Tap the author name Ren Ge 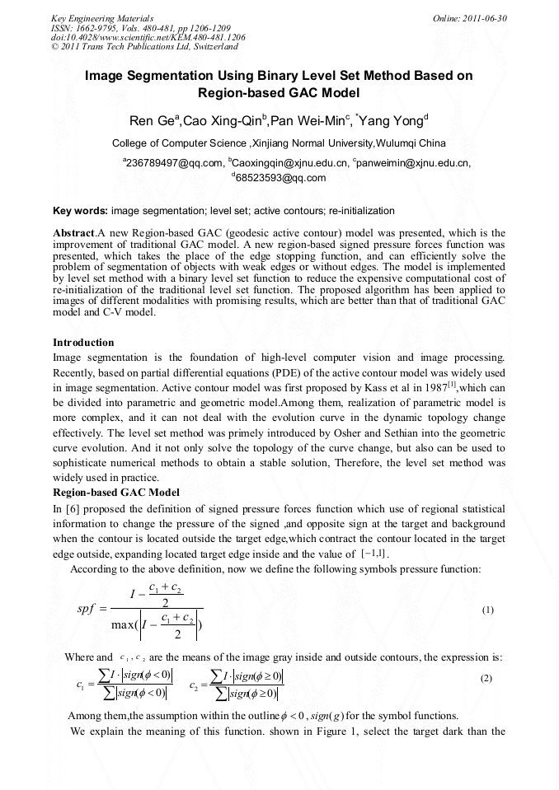click(x=154, y=122)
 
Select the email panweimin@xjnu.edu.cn click(x=411, y=163)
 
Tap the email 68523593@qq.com click(x=280, y=177)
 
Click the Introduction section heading click(x=83, y=342)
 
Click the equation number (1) click(x=487, y=610)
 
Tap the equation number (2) click(x=487, y=677)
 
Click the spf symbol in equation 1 click(x=87, y=610)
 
